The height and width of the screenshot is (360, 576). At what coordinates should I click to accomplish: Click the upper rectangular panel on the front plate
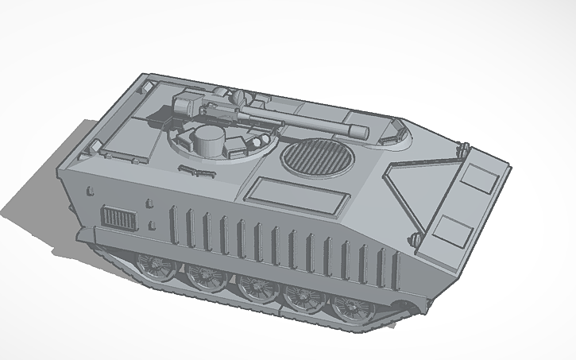point(478,176)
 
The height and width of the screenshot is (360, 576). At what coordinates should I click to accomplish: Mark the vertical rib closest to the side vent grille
point(172,223)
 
